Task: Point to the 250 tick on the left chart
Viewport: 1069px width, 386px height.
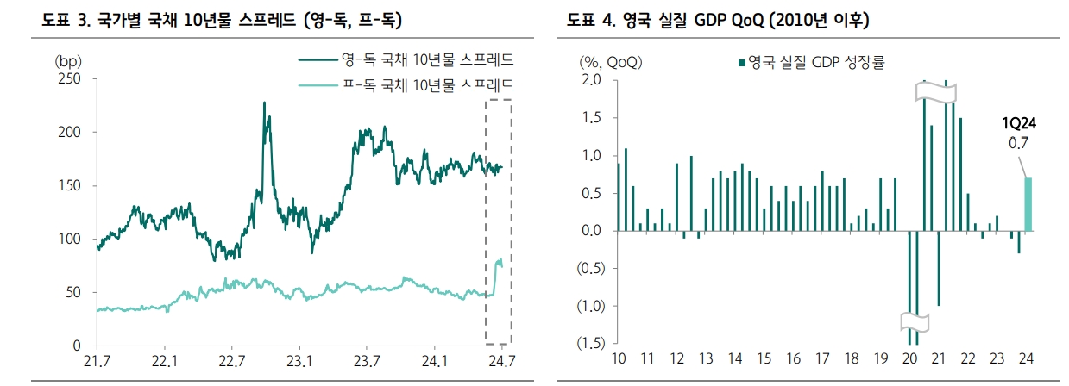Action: pos(70,79)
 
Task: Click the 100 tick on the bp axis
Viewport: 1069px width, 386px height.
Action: pos(70,239)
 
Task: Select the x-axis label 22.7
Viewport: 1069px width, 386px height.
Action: pos(230,360)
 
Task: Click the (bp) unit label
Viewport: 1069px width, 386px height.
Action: pos(66,61)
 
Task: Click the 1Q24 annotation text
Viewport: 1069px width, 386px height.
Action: pos(1018,124)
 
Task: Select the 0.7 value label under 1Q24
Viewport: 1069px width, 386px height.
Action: pos(1019,143)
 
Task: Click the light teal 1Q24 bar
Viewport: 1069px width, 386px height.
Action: pos(1028,204)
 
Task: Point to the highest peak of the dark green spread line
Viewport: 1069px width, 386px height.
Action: pos(263,103)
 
